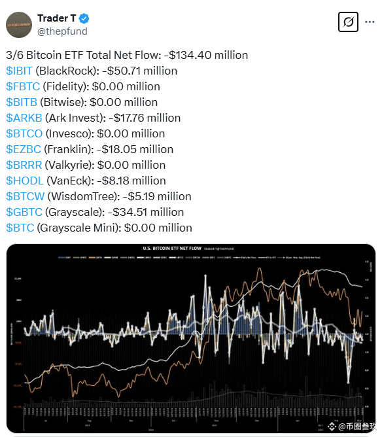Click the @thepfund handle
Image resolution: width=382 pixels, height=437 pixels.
(62, 31)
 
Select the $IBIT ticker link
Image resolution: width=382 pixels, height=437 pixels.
(20, 71)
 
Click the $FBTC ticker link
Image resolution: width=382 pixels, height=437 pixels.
(22, 86)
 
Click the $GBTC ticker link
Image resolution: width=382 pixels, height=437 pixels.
(23, 212)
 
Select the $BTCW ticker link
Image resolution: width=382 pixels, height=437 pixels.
(25, 196)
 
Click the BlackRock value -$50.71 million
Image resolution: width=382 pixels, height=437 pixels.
(139, 71)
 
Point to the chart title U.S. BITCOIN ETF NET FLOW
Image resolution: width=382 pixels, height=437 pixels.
(171, 249)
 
